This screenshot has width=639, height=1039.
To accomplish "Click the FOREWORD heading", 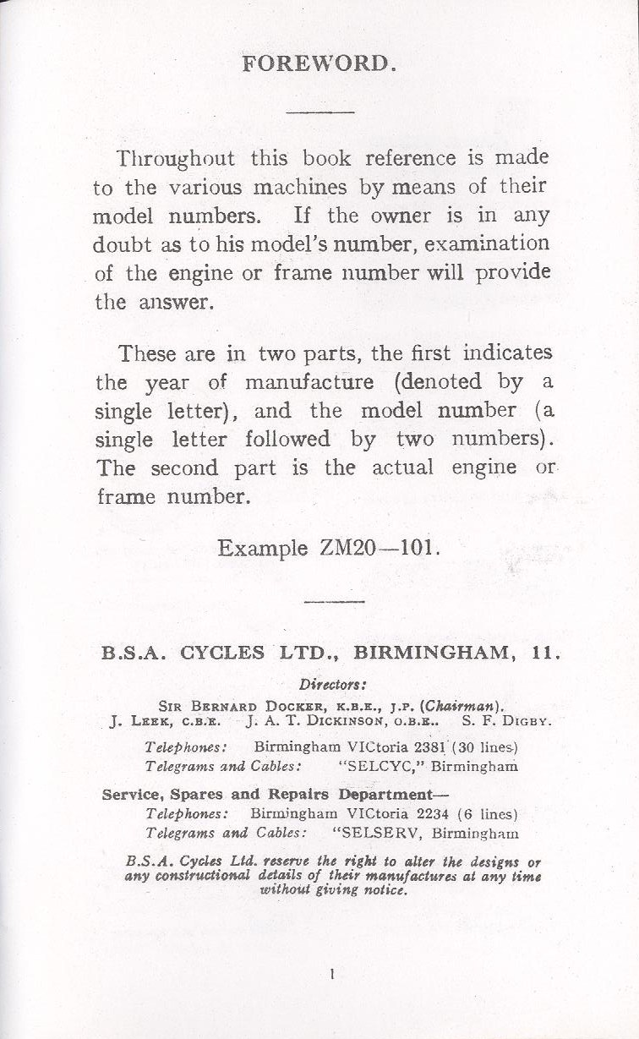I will tap(319, 64).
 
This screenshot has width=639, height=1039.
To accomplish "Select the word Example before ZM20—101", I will tap(263, 549).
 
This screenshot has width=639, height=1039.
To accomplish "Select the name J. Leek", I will tap(136, 722).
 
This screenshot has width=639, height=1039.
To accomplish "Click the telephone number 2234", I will tap(423, 814).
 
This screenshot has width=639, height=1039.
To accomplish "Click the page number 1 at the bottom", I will tap(332, 974).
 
